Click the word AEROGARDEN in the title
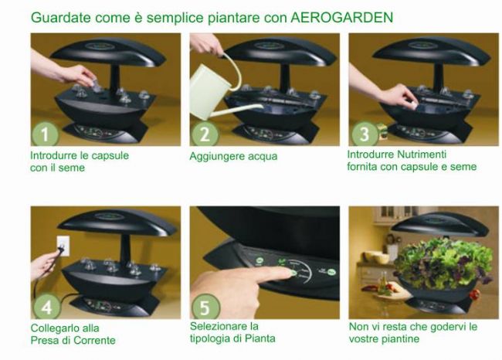(x=344, y=16)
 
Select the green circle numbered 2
(x=205, y=134)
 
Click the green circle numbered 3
(x=365, y=134)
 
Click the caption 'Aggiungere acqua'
(x=233, y=156)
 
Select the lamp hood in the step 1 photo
(x=108, y=50)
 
